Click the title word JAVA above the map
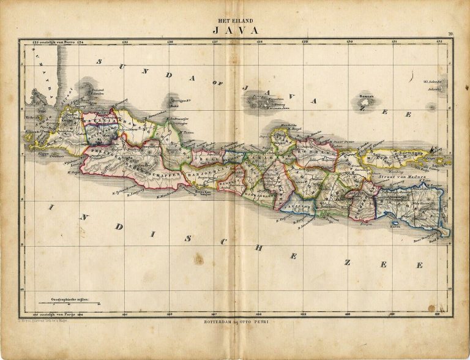coord(236,29)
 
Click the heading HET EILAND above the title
coord(236,19)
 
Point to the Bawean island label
coord(367,96)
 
